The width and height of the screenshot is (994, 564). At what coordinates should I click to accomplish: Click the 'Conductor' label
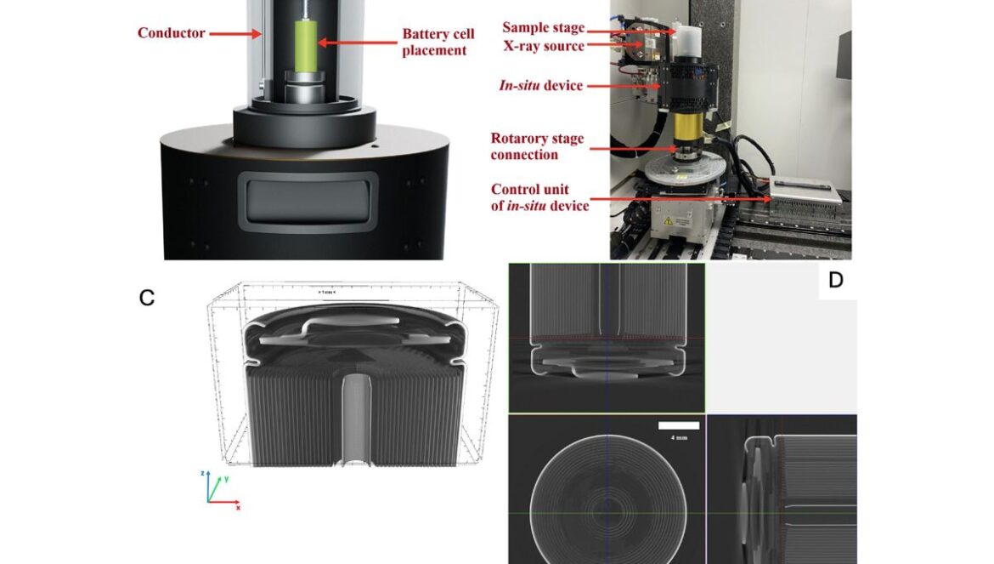pyautogui.click(x=171, y=33)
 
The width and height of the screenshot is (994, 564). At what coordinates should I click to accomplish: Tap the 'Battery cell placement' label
pyautogui.click(x=438, y=43)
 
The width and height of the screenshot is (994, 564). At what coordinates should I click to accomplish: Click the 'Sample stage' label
pyautogui.click(x=543, y=28)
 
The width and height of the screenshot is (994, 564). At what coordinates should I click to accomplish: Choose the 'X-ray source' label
pyautogui.click(x=543, y=46)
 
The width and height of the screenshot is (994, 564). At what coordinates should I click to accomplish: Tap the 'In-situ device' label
pyautogui.click(x=542, y=85)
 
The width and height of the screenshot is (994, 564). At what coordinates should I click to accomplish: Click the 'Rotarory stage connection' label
pyautogui.click(x=536, y=146)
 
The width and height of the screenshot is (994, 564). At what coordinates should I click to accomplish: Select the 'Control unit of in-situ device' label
pyautogui.click(x=539, y=197)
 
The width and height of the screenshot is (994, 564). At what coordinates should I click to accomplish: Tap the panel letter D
pyautogui.click(x=835, y=280)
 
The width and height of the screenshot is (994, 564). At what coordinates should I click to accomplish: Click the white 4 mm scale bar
pyautogui.click(x=679, y=425)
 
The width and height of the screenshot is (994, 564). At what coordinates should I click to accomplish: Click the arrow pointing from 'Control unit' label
pyautogui.click(x=680, y=198)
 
